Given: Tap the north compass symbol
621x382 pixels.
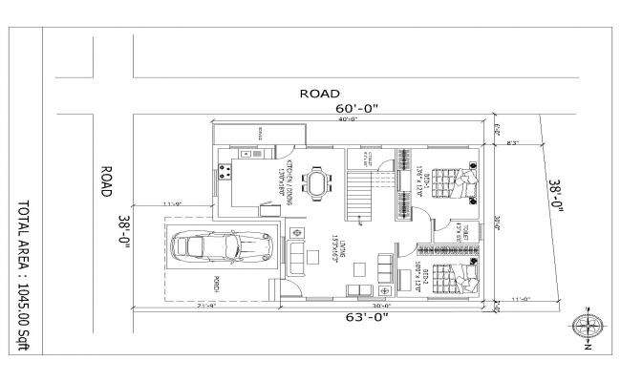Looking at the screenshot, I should [x=587, y=327].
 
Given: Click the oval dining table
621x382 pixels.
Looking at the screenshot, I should [x=317, y=180].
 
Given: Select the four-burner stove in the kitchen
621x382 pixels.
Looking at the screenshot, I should [x=228, y=173].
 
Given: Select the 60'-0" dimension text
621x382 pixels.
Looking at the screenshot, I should [x=358, y=109].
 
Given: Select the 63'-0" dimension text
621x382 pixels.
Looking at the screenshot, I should [x=367, y=317].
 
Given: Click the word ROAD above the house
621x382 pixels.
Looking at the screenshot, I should [x=320, y=94].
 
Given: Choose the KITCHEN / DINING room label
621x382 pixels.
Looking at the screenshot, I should [x=284, y=178].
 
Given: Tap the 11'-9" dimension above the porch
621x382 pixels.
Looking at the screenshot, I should [x=172, y=203].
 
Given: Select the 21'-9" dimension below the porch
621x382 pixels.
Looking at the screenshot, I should [x=205, y=307].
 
